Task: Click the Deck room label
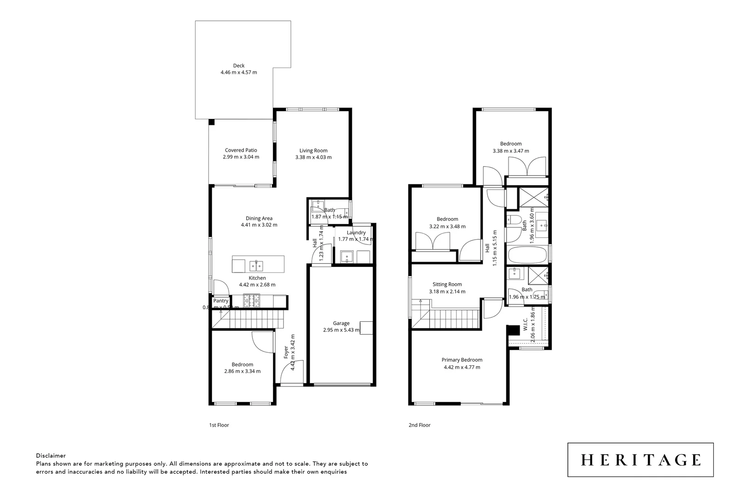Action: tap(238, 65)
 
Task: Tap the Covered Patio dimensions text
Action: tap(241, 157)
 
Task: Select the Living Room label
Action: tap(313, 150)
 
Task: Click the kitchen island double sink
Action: tap(256, 266)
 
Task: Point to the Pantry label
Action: tap(220, 301)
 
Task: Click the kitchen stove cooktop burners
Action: tap(253, 301)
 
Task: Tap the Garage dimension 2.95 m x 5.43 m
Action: tap(341, 330)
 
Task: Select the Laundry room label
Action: tap(356, 232)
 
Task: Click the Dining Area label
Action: tap(259, 218)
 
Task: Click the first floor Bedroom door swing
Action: tap(261, 343)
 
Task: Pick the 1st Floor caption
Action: tap(219, 425)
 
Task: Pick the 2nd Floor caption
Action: tap(420, 425)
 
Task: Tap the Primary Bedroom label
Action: tap(462, 360)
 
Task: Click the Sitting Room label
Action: tap(447, 285)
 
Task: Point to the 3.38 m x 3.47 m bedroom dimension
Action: tap(510, 151)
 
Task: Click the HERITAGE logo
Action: tap(640, 460)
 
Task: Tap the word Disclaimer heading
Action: tap(51, 456)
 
